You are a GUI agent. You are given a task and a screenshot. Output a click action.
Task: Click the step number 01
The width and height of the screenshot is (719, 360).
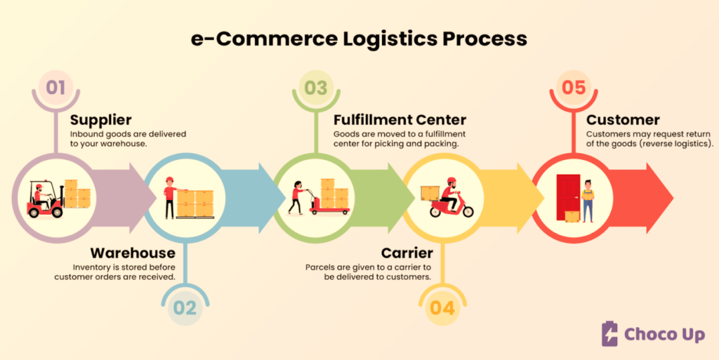point(55,87)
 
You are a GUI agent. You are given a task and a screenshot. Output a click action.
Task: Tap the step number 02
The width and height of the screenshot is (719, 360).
point(185,308)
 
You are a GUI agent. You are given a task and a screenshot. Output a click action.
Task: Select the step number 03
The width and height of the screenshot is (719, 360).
point(316,88)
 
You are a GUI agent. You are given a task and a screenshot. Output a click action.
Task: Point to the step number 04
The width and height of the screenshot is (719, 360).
point(442,308)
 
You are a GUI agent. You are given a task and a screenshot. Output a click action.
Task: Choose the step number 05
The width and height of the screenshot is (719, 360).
point(574,87)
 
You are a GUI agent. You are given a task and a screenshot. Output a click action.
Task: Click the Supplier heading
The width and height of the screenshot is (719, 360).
point(101,120)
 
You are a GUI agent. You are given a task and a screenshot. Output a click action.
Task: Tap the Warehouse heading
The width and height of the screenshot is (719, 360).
point(133,253)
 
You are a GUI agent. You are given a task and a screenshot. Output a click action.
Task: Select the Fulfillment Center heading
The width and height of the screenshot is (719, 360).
point(400,120)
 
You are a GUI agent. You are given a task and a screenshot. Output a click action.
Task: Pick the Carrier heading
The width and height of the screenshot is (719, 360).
point(407,253)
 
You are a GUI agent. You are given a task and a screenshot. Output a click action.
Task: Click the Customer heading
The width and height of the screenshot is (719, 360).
point(624,120)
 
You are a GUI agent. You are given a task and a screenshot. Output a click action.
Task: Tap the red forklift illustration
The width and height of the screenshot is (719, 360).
point(46,200)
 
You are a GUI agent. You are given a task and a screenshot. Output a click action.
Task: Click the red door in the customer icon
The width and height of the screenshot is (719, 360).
point(568,197)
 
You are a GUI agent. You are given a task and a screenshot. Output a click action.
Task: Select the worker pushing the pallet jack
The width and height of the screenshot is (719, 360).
point(296,197)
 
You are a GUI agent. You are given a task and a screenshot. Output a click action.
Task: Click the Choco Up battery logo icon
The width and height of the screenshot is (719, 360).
point(609,333)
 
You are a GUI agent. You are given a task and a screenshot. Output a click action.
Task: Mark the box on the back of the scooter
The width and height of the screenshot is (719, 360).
point(430,193)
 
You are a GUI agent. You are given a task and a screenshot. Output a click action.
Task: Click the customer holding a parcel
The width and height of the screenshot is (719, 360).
point(588,201)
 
